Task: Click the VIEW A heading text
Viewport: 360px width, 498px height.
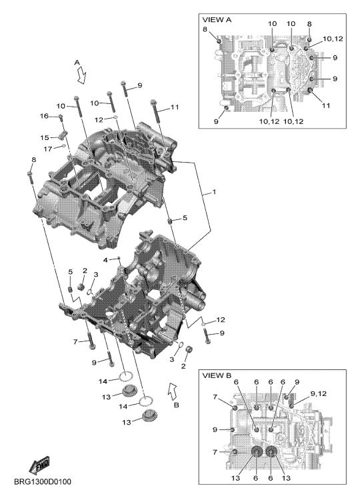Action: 217,20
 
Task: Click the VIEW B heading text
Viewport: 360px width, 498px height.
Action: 217,376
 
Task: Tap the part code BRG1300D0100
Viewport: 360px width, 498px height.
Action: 43,482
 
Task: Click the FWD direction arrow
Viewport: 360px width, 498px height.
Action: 39,464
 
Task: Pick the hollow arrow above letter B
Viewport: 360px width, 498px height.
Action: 173,391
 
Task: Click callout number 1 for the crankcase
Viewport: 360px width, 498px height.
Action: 214,192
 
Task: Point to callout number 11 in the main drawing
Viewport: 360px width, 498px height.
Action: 175,107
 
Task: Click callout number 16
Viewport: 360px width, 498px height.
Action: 44,116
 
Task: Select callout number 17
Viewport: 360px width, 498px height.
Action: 48,148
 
